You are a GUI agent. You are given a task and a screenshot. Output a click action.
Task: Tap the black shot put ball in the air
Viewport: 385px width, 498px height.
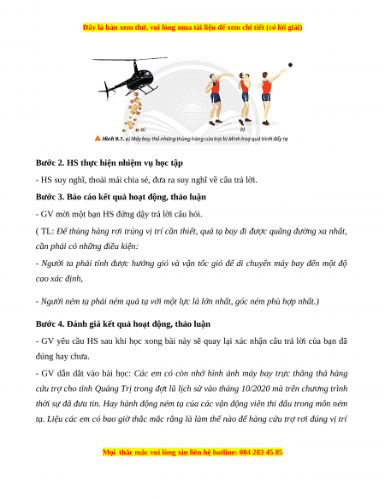tap(290, 65)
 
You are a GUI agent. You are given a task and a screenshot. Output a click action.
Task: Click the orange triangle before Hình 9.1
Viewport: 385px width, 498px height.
tap(98, 138)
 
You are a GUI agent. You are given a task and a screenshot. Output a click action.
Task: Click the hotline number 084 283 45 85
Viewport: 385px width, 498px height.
tap(261, 452)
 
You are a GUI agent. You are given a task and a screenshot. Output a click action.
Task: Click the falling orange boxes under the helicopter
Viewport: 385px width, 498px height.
tap(133, 112)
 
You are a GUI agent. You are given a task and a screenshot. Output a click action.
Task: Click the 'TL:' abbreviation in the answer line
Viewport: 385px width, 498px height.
tap(48, 231)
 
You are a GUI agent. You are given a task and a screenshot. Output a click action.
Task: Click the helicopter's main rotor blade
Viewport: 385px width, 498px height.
tap(130, 59)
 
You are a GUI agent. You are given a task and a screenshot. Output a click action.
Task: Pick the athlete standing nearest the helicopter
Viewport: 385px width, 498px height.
tap(216, 99)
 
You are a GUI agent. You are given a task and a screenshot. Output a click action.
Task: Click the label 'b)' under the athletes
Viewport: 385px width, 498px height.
tap(242, 129)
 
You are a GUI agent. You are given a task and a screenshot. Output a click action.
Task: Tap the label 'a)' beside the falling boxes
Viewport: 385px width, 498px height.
tap(143, 129)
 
